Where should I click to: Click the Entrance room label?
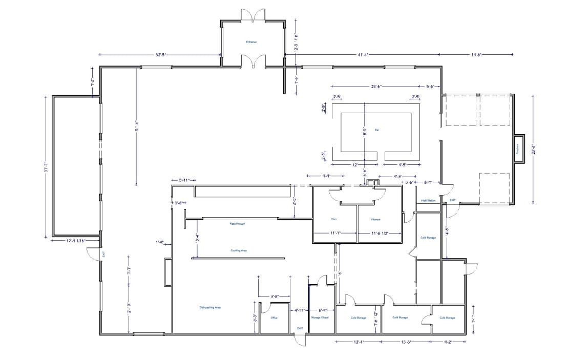click(251, 42)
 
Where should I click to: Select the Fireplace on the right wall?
click(518, 149)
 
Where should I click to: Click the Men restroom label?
click(333, 219)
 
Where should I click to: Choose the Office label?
click(274, 317)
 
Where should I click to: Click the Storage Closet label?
click(320, 317)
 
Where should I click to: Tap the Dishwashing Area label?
click(210, 307)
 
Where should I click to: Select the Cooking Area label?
click(239, 250)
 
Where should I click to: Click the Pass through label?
click(238, 224)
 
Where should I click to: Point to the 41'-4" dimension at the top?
click(363, 54)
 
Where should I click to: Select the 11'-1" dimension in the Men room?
click(335, 233)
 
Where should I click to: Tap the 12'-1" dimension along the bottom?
click(358, 341)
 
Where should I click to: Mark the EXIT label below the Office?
click(300, 328)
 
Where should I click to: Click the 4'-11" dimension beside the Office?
click(300, 310)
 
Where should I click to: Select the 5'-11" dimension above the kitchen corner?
click(184, 180)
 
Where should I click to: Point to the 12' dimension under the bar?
click(354, 165)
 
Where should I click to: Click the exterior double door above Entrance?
click(254, 15)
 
